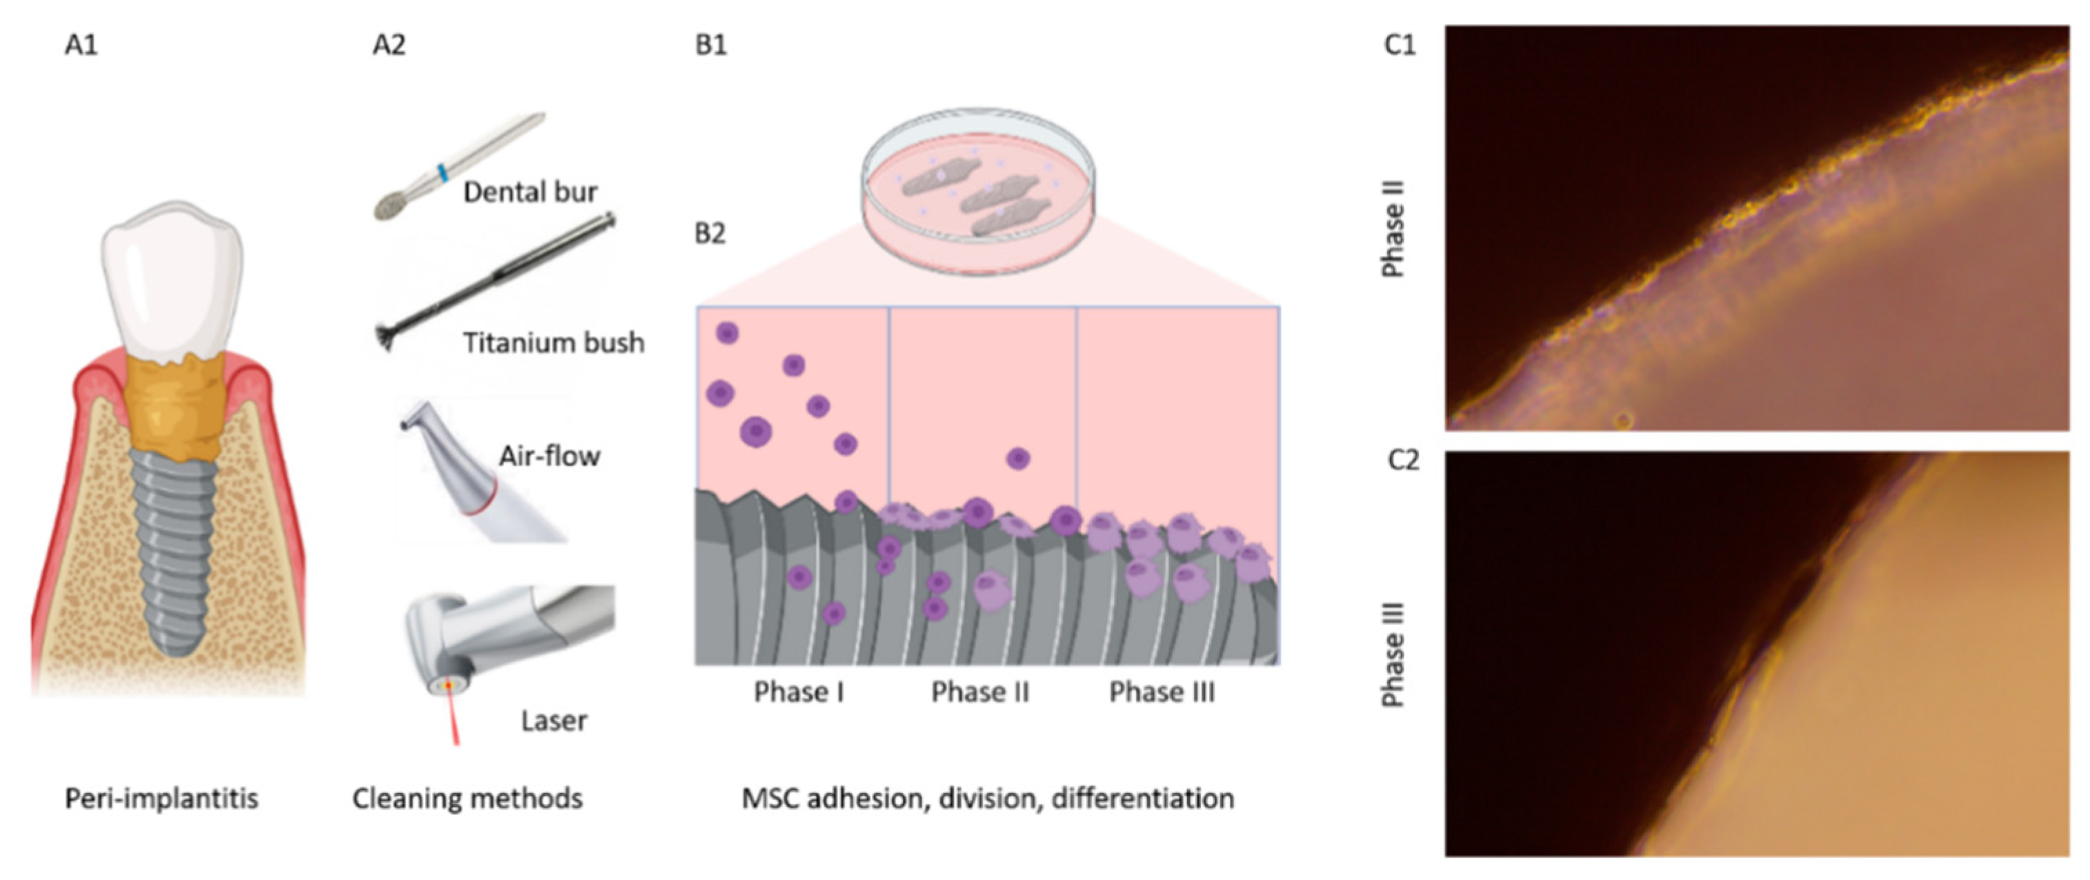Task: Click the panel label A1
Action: (81, 45)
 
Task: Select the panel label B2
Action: (710, 234)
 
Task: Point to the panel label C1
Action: (1400, 45)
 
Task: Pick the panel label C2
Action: (1403, 461)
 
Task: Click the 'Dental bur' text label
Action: (530, 192)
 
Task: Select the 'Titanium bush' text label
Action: (553, 343)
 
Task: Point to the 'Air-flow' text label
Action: (549, 457)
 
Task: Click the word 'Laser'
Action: (554, 721)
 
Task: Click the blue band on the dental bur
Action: (442, 172)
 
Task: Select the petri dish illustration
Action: (977, 190)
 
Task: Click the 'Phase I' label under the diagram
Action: (799, 692)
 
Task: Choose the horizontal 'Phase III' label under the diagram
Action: (1162, 692)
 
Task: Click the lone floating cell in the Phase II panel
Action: (1018, 459)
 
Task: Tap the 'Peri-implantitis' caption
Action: (161, 799)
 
